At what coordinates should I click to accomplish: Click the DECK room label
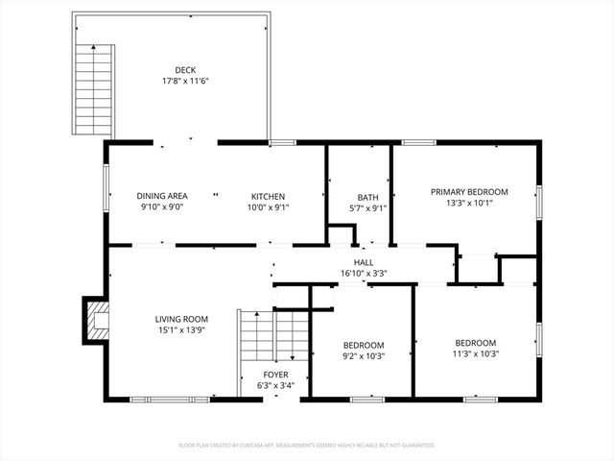tap(185, 69)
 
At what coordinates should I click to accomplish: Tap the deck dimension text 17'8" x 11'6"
tap(185, 81)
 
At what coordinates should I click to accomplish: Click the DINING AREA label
tap(161, 195)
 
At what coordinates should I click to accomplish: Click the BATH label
tap(368, 197)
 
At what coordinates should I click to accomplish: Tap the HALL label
tap(364, 262)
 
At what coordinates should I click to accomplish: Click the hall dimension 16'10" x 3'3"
tap(364, 274)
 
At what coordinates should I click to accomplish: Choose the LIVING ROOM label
tap(182, 319)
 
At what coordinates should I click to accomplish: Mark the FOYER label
tap(276, 375)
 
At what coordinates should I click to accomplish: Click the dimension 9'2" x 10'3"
tap(364, 356)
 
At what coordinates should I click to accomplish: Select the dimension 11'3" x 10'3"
tap(475, 354)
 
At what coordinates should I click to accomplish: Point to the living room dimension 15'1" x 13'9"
tap(182, 330)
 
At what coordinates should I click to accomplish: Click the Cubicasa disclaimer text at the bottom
tap(307, 446)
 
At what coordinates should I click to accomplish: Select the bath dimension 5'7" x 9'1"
tap(368, 208)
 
